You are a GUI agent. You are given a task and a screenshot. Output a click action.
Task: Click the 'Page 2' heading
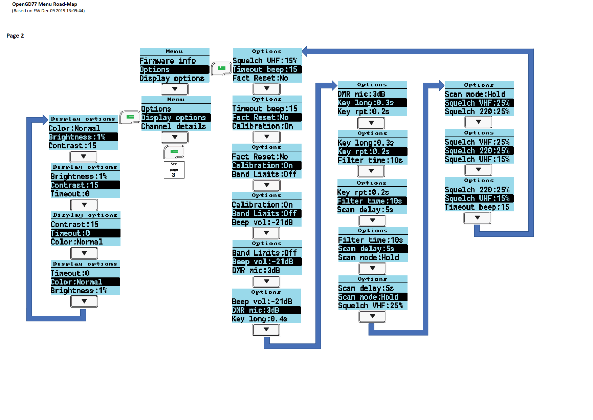[15, 36]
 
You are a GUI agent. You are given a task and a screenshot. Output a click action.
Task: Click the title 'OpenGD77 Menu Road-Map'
[45, 4]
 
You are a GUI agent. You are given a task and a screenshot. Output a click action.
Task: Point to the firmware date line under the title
[48, 11]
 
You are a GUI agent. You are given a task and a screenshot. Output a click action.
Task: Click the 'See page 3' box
[174, 170]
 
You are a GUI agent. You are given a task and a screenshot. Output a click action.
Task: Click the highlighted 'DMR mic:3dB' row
[266, 310]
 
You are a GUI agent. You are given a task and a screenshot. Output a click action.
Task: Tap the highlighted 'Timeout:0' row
[85, 233]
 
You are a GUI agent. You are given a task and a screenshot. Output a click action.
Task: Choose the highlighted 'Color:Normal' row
[85, 282]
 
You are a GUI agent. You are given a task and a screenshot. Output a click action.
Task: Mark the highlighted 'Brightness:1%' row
[83, 137]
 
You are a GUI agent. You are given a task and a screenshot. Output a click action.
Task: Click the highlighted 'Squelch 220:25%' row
[479, 151]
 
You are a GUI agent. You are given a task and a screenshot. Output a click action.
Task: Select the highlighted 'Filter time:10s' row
[372, 201]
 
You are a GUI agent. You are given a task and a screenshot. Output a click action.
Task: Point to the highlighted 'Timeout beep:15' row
[267, 69]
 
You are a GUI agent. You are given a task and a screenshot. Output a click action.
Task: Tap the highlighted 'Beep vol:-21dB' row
[267, 261]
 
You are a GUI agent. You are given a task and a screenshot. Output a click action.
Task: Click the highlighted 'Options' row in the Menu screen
[174, 69]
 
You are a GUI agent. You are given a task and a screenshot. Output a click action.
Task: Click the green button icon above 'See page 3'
[174, 151]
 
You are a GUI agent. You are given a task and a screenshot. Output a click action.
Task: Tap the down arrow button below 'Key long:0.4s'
[266, 330]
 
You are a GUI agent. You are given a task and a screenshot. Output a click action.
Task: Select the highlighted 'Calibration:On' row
[267, 165]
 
